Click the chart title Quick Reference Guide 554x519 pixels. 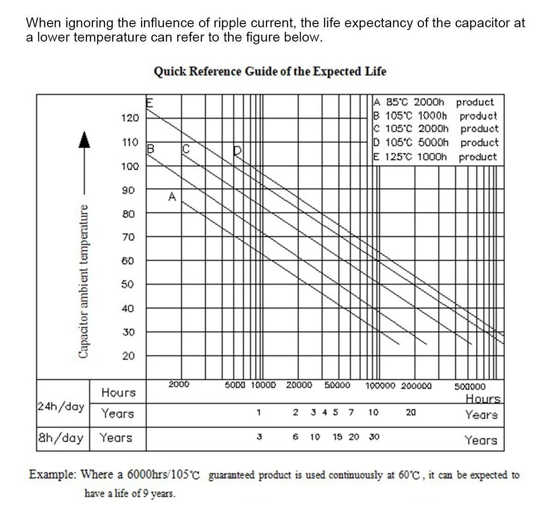tap(270, 72)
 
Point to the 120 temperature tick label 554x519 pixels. tap(130, 118)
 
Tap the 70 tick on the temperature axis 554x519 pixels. tap(128, 237)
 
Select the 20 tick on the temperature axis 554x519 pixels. tap(128, 356)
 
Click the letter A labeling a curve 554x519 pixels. tap(172, 197)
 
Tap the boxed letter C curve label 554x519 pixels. tap(186, 149)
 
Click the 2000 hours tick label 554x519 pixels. tap(179, 384)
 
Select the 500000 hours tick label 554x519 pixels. tap(470, 386)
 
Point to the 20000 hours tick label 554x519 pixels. tap(299, 384)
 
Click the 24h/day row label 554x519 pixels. tap(61, 406)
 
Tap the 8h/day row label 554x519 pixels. tap(61, 437)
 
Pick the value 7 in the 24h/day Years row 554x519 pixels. tap(351, 412)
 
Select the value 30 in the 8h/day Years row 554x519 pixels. tap(374, 436)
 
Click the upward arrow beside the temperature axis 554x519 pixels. tap(84, 139)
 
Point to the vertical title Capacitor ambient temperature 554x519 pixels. tap(84, 281)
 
